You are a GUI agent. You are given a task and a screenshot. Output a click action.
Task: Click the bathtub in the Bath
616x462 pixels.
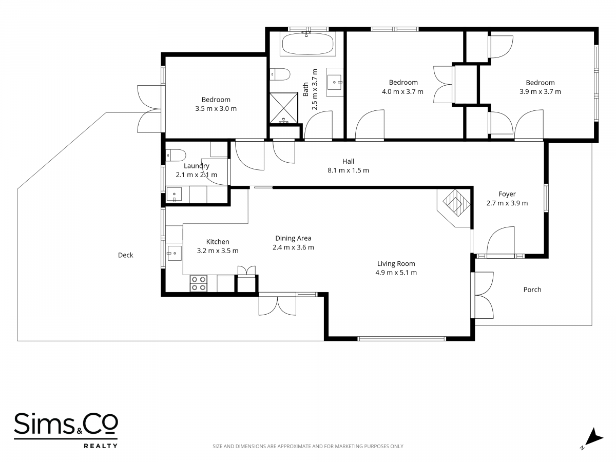coord(308,44)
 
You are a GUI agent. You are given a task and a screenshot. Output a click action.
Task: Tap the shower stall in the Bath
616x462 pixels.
coord(284,108)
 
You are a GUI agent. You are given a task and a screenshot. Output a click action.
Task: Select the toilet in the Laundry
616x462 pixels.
coord(176,155)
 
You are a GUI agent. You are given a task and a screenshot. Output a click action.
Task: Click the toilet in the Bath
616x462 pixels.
coord(280,74)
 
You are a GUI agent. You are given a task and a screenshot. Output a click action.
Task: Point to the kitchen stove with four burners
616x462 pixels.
coord(199,283)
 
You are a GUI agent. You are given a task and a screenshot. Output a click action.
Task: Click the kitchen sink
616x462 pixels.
coord(174,253)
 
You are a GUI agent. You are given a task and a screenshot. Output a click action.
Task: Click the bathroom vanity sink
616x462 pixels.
coord(335,82)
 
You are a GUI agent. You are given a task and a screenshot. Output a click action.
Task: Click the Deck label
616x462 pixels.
coord(125,255)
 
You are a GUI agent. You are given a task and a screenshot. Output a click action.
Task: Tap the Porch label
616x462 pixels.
coord(532,290)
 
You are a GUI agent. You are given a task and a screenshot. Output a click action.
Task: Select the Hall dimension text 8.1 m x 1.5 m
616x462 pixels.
coord(348,170)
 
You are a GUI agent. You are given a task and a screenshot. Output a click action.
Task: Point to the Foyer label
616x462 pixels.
coord(507,194)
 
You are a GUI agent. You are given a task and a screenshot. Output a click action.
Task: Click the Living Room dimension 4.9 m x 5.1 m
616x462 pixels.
coord(396,273)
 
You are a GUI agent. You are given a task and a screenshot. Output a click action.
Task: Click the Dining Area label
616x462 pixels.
coord(293,238)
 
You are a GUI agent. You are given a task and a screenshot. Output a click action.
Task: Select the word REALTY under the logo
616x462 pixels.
coord(101,446)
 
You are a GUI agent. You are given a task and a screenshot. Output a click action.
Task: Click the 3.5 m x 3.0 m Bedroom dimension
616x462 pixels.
coord(216,108)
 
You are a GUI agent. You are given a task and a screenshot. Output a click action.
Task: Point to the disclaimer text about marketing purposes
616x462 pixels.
coord(308,446)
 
